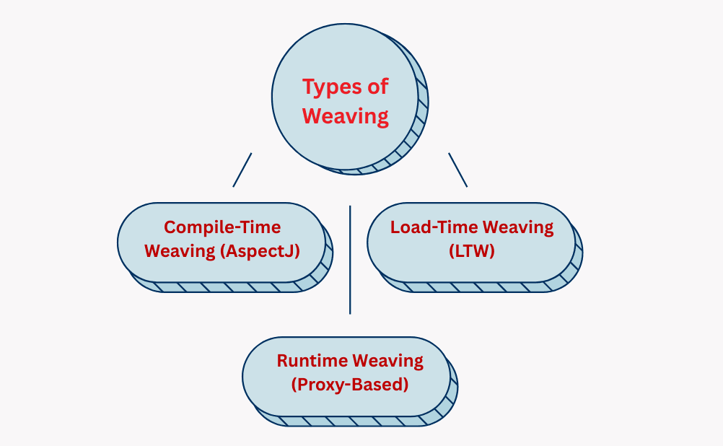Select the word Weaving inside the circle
(x=346, y=116)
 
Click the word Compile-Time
(x=222, y=227)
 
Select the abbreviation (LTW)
(x=471, y=251)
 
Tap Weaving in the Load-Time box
(x=518, y=227)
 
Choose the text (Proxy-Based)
(x=350, y=385)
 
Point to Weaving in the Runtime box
(x=388, y=361)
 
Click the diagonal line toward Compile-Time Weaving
(x=242, y=170)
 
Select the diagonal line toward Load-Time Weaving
(x=457, y=170)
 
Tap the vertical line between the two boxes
(x=350, y=260)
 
